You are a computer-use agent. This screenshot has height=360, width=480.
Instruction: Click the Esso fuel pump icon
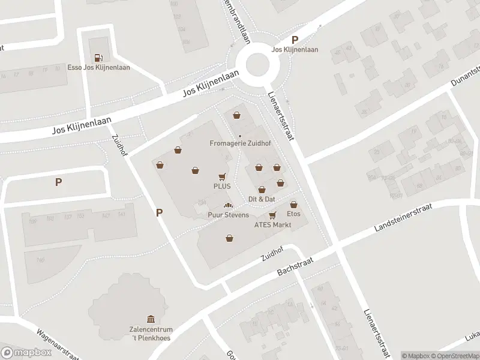pos(98,58)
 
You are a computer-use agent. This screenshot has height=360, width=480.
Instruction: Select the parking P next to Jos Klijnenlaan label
pos(295,40)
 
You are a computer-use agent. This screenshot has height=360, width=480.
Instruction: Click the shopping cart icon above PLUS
pos(222,177)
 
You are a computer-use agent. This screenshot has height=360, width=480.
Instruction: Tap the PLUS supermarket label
pos(222,187)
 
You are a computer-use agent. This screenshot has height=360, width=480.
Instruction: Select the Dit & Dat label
pos(262,199)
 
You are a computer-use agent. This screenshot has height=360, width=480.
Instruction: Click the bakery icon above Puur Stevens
pos(228,206)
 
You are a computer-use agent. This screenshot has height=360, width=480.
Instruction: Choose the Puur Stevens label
pos(228,215)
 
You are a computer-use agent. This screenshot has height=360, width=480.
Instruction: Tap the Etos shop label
pos(293,214)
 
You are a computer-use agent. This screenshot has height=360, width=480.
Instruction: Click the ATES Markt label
pos(272,225)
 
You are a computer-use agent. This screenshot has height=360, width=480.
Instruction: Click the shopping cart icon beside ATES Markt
pos(272,215)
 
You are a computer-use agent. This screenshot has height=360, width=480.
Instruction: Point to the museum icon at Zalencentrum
pos(151,319)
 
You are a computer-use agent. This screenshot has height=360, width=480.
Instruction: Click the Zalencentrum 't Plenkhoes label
pos(151,334)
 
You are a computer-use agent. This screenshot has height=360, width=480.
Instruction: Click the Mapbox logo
pos(26,352)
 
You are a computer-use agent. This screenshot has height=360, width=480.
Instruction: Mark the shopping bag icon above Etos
pos(293,204)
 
